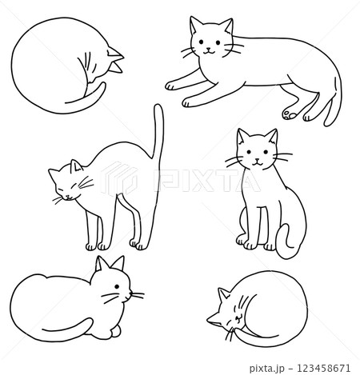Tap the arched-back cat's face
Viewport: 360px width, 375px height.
tap(67, 185)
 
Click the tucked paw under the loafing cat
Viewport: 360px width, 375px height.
tap(118, 330)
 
